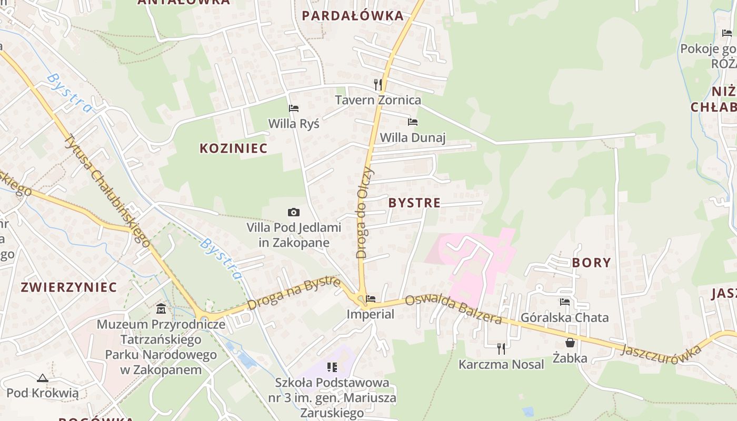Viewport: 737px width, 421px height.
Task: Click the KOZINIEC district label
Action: tap(233, 148)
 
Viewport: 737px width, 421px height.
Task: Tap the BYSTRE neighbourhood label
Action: tap(414, 203)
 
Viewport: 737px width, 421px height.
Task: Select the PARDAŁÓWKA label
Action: tap(353, 16)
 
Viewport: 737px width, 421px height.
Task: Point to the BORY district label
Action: tap(591, 263)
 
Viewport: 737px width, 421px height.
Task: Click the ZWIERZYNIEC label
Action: tap(68, 287)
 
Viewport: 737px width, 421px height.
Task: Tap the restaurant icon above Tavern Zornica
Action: tap(377, 84)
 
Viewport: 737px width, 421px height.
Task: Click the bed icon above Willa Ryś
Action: tap(294, 108)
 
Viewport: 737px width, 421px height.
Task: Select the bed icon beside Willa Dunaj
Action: tap(413, 122)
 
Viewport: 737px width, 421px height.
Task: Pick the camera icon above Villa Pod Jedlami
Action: tap(294, 212)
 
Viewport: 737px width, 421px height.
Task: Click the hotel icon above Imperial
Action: tap(371, 299)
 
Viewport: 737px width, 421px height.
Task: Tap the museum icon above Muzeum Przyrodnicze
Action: tap(161, 308)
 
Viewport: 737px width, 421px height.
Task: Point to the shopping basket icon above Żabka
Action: tap(570, 343)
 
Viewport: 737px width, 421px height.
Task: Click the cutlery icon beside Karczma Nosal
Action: tap(501, 348)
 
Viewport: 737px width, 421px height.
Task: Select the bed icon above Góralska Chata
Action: tap(565, 302)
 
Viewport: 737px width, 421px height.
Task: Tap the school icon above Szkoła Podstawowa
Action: tap(332, 367)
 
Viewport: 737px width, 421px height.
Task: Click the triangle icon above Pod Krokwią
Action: tap(43, 377)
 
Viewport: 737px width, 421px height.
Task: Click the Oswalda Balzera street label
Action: tap(453, 309)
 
